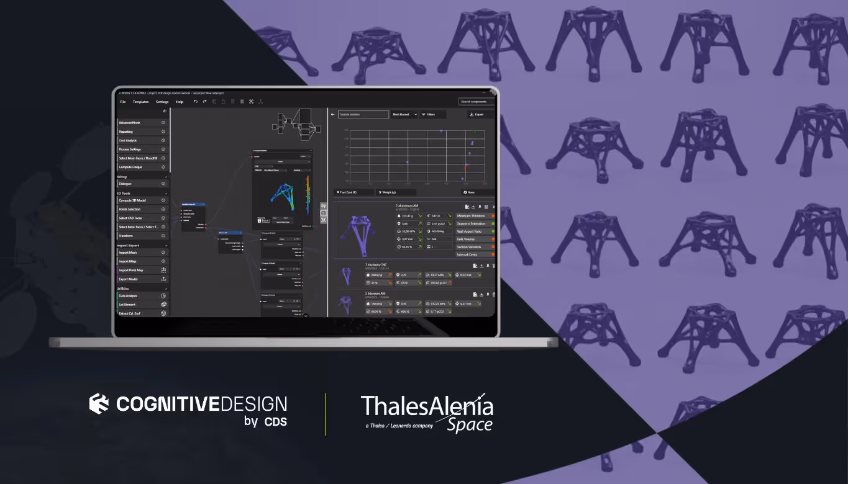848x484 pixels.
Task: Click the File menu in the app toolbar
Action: pos(122,102)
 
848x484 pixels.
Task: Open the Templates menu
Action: pos(140,102)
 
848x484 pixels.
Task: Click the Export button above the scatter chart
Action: pos(476,115)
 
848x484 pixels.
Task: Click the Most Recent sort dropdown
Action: pos(404,115)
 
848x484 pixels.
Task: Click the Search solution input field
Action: pos(363,115)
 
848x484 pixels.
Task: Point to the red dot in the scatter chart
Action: pos(466,166)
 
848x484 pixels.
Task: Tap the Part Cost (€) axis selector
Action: pos(352,192)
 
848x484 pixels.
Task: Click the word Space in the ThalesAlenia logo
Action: pos(470,425)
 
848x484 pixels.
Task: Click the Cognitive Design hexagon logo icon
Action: pos(99,404)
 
